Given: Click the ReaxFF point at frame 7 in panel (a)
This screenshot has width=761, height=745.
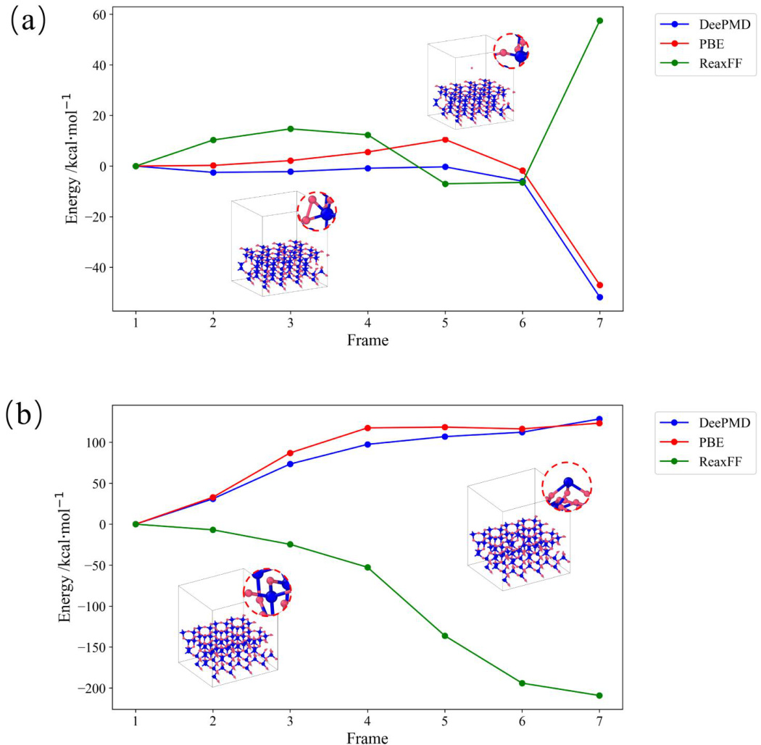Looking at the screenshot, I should [599, 20].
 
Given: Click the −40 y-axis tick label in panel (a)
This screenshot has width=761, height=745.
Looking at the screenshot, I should [93, 268].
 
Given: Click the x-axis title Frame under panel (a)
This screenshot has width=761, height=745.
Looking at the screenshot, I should [367, 340].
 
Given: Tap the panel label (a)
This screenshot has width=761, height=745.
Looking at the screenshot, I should [27, 22].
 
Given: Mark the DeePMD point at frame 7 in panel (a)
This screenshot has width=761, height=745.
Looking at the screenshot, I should [599, 297].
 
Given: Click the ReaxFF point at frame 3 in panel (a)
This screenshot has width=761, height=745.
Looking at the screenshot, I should [291, 129].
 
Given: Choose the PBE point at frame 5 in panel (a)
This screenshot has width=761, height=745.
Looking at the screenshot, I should [445, 140].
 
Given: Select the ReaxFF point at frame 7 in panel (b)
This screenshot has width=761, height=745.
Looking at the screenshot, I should [599, 696].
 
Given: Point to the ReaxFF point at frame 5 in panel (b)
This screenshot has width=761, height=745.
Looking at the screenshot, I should [445, 636].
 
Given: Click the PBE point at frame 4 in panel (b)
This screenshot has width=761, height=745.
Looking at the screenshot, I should [368, 428].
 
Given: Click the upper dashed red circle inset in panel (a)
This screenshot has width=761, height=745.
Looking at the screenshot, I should [511, 51].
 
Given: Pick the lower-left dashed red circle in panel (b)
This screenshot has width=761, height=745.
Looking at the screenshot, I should [267, 592].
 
